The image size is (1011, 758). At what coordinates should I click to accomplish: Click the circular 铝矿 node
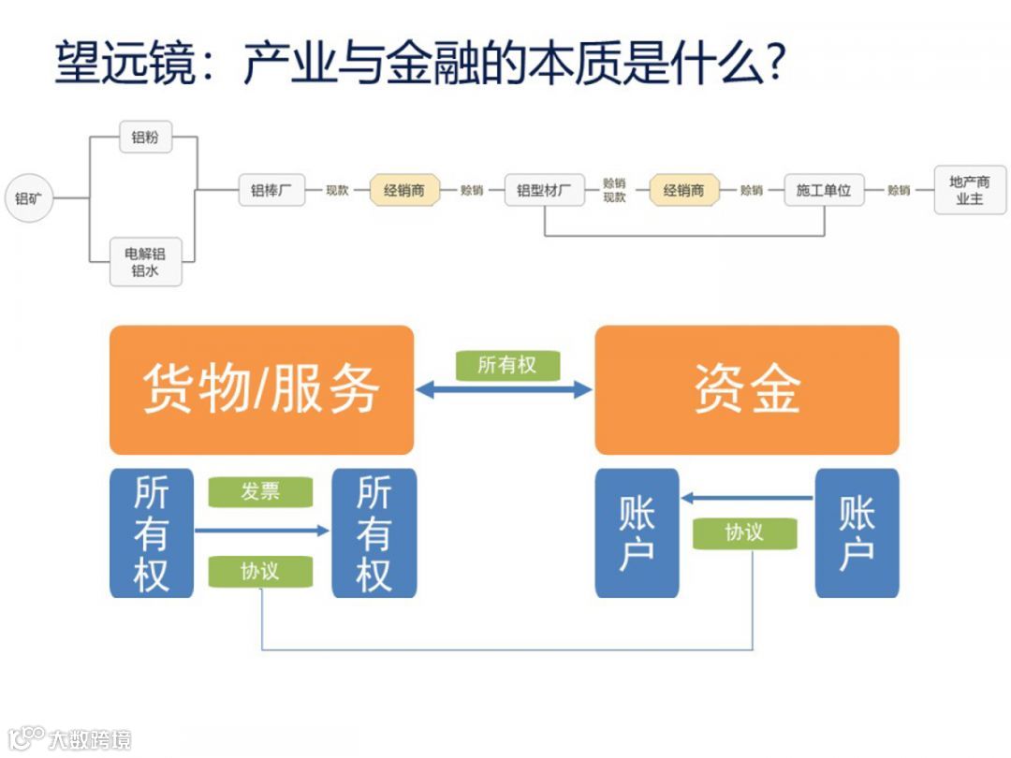click(x=29, y=197)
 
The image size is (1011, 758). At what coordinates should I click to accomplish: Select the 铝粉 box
click(x=145, y=138)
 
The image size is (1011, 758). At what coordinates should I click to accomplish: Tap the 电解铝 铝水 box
click(x=145, y=261)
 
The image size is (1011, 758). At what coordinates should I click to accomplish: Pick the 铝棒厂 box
click(x=271, y=190)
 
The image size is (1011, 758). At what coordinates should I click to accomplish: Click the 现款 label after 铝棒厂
click(x=337, y=190)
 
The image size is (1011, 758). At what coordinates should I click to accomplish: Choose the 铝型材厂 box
click(x=544, y=190)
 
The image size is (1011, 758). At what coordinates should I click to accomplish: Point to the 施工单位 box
click(x=824, y=190)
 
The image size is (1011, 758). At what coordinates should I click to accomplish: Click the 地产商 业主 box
click(x=969, y=190)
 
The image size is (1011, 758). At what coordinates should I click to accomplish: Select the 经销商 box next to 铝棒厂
click(x=404, y=190)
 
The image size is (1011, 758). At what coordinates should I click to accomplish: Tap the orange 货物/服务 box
click(x=261, y=389)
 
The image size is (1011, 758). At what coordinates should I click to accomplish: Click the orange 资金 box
click(x=746, y=389)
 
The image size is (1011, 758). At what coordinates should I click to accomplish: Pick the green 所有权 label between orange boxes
click(x=507, y=365)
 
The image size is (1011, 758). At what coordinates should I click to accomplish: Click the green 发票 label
click(x=260, y=491)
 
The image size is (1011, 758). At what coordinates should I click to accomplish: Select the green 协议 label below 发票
click(x=260, y=570)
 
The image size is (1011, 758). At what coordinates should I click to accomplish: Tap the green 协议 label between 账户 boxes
click(x=744, y=532)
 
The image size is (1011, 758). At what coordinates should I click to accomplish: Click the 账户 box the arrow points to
click(x=637, y=532)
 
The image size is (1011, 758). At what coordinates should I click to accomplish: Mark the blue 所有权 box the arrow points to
click(x=374, y=532)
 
